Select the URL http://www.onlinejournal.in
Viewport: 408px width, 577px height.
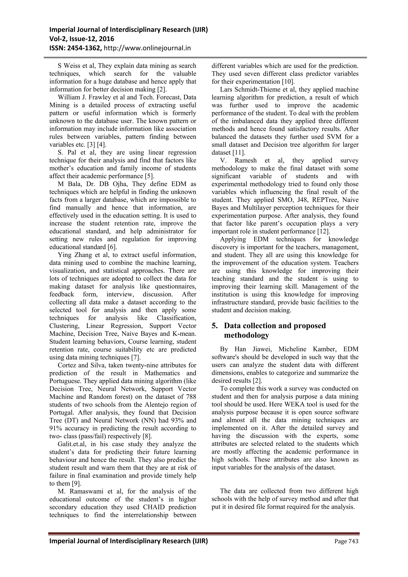coord(147,48)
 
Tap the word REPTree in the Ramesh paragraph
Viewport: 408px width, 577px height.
coord(318,200)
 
